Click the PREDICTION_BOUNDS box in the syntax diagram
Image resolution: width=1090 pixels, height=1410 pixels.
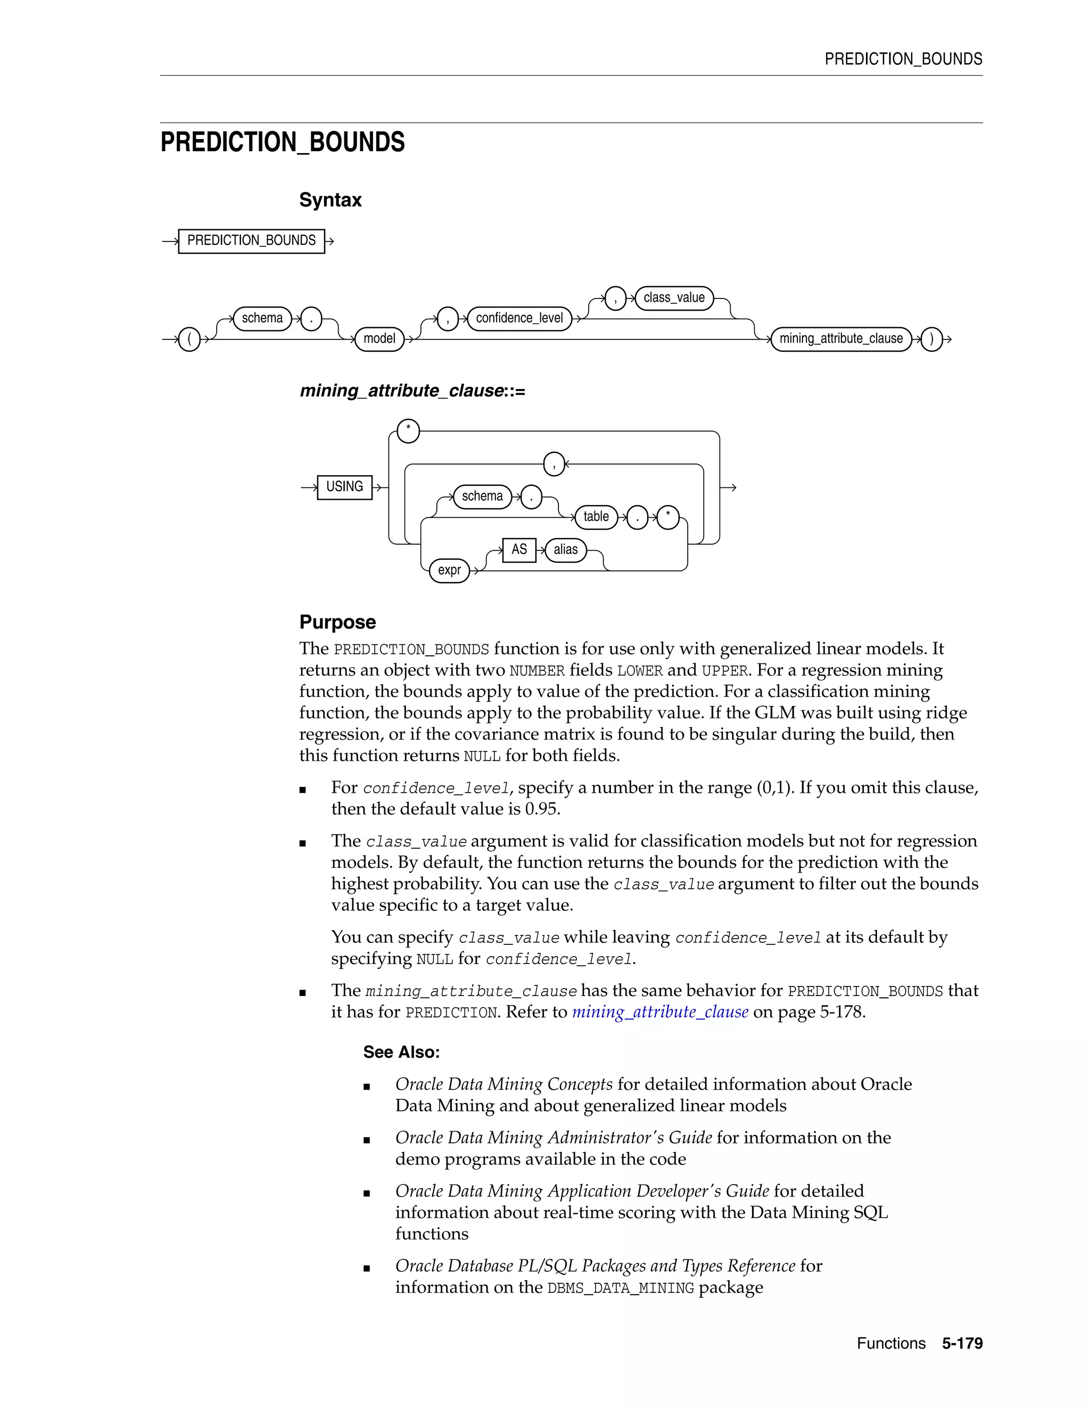point(251,241)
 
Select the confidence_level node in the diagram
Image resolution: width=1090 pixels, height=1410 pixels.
point(519,318)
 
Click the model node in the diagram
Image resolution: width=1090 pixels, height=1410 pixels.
point(379,339)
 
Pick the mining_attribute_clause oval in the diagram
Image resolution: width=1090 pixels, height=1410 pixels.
point(841,339)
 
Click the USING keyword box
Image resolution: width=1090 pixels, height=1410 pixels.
point(344,487)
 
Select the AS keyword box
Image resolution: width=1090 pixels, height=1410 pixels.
point(518,550)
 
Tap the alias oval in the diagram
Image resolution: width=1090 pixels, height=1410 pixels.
point(565,550)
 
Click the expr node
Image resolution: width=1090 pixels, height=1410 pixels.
point(449,570)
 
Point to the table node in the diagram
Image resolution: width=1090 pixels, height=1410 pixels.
point(596,517)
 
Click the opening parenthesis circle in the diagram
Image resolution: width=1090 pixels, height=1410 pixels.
point(189,339)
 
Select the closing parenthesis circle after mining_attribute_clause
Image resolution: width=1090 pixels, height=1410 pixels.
point(931,339)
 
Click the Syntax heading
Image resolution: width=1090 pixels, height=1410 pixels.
point(330,200)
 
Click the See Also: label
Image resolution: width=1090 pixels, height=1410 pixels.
point(401,1052)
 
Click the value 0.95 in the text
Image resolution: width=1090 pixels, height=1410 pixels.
point(541,809)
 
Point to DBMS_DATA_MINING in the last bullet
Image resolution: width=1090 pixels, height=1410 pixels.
point(620,1288)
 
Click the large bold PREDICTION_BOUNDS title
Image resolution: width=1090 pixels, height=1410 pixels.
point(282,142)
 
